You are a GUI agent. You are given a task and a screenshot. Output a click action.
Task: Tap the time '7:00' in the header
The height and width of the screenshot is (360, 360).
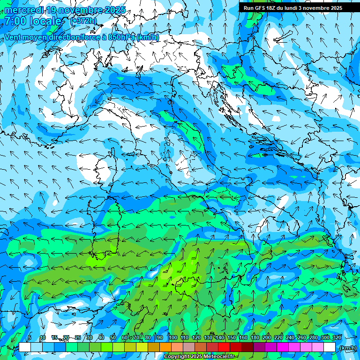[15, 21]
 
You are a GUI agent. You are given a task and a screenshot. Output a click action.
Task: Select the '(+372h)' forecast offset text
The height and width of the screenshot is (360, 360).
[83, 21]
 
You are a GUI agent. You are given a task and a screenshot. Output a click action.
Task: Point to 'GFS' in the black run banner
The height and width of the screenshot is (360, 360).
[260, 8]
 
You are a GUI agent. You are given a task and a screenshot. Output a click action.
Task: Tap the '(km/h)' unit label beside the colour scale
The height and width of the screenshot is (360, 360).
[347, 348]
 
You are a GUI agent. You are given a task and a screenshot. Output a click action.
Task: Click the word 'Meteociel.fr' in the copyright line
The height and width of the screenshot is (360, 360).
[218, 357]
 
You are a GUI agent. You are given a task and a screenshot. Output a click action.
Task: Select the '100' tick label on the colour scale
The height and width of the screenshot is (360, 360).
[173, 337]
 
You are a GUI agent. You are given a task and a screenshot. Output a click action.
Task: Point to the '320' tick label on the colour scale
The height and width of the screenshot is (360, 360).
[337, 337]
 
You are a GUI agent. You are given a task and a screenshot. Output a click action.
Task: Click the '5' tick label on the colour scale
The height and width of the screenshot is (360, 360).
[30, 337]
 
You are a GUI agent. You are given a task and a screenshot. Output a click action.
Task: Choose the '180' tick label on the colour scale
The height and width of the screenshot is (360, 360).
[255, 337]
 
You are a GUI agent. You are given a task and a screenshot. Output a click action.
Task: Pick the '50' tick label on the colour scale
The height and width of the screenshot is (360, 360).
[113, 337]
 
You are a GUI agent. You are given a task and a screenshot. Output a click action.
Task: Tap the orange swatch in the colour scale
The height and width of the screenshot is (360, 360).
[165, 347]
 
